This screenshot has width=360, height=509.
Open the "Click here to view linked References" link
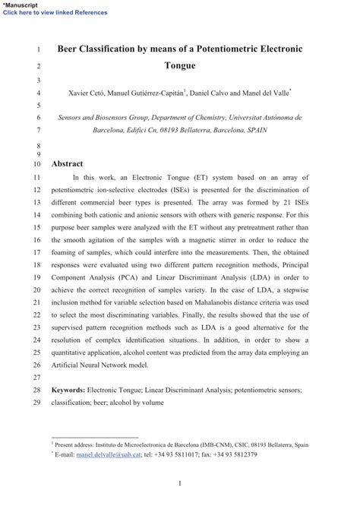pyautogui.click(x=54, y=12)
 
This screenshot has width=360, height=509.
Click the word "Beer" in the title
pyautogui.click(x=72, y=49)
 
